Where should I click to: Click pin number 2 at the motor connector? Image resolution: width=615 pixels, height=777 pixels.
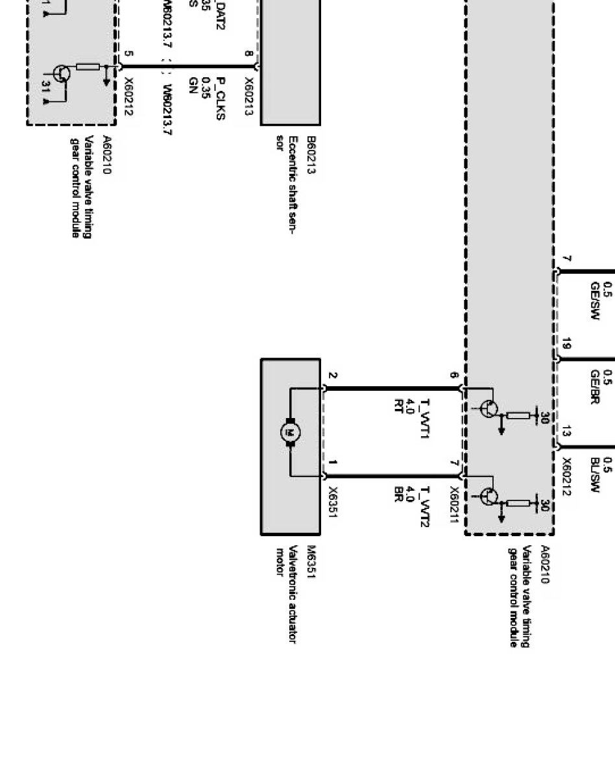click(x=332, y=377)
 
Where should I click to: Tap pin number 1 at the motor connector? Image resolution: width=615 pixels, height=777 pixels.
click(x=332, y=463)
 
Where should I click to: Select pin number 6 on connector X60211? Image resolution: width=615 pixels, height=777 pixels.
click(x=454, y=377)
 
